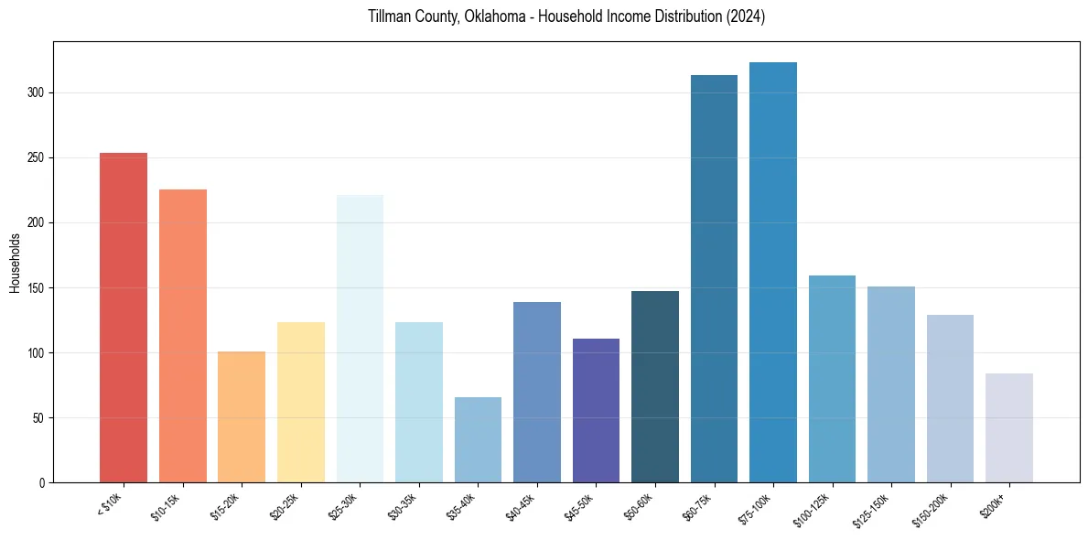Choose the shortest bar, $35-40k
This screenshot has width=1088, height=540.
click(478, 439)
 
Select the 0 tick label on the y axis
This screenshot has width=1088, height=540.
click(43, 483)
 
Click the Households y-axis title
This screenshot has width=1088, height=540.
click(15, 263)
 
